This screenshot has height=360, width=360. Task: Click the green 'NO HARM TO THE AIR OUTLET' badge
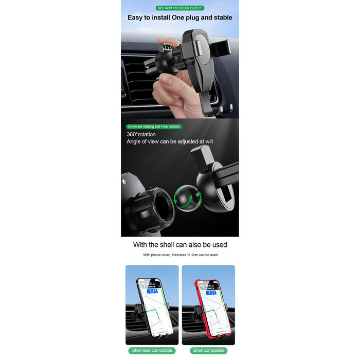(x=180, y=8)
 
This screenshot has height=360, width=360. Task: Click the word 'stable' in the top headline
(x=220, y=17)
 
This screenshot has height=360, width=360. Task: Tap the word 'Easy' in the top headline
(x=136, y=17)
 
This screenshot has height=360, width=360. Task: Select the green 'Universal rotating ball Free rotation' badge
(x=154, y=127)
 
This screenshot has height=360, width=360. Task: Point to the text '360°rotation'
(x=141, y=134)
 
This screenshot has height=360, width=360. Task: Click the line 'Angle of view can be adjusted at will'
(x=170, y=141)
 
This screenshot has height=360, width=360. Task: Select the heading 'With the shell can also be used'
(x=180, y=245)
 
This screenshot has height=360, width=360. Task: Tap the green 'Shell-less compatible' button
(x=152, y=350)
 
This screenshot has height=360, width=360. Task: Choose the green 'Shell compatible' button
(x=208, y=350)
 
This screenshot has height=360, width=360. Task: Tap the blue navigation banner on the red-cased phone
(x=211, y=291)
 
